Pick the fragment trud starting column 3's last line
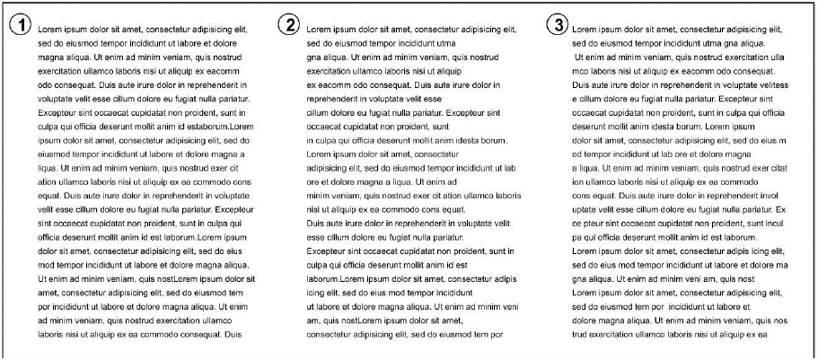581,334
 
